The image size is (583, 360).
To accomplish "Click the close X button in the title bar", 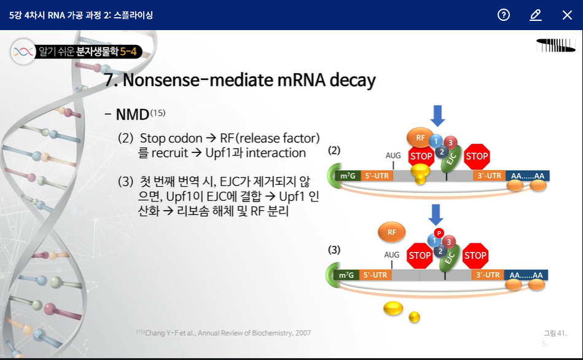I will pos(566,15).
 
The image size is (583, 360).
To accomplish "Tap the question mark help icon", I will pos(504,15).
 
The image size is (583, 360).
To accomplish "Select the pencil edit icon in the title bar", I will pos(535,15).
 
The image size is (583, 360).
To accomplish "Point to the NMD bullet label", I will pos(132,114).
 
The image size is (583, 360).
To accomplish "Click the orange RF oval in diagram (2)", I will pos(420,138).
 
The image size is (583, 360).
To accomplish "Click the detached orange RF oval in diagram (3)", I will pos(391,232).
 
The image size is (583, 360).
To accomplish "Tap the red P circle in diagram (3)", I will pos(439,233).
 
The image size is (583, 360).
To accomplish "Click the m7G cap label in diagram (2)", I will pos(347,176).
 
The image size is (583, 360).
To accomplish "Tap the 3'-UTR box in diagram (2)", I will pos(489,176).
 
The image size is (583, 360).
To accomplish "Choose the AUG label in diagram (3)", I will pos(392,254).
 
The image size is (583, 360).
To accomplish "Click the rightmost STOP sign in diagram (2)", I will pos(477,156).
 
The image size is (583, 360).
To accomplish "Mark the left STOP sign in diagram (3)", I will pos(420,256).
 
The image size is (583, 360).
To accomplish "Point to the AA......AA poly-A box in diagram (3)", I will pos(527,275).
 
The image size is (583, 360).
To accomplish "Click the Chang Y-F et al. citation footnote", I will pos(224,333).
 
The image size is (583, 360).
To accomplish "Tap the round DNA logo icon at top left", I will pos(23,52).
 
